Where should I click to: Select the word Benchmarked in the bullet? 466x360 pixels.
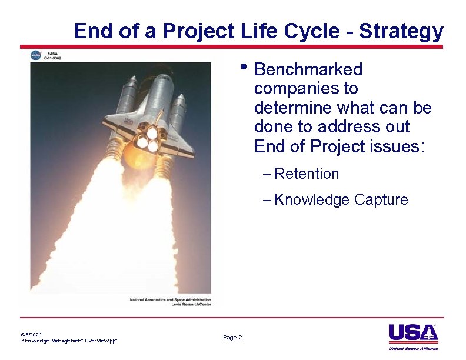click(308, 69)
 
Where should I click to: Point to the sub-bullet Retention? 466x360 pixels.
click(307, 174)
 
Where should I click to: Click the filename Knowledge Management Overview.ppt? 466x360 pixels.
click(69, 341)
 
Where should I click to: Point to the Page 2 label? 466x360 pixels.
click(232, 337)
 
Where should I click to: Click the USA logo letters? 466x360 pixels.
click(412, 333)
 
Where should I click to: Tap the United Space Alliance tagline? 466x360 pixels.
click(414, 348)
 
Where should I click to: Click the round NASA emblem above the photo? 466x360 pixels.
click(36, 55)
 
